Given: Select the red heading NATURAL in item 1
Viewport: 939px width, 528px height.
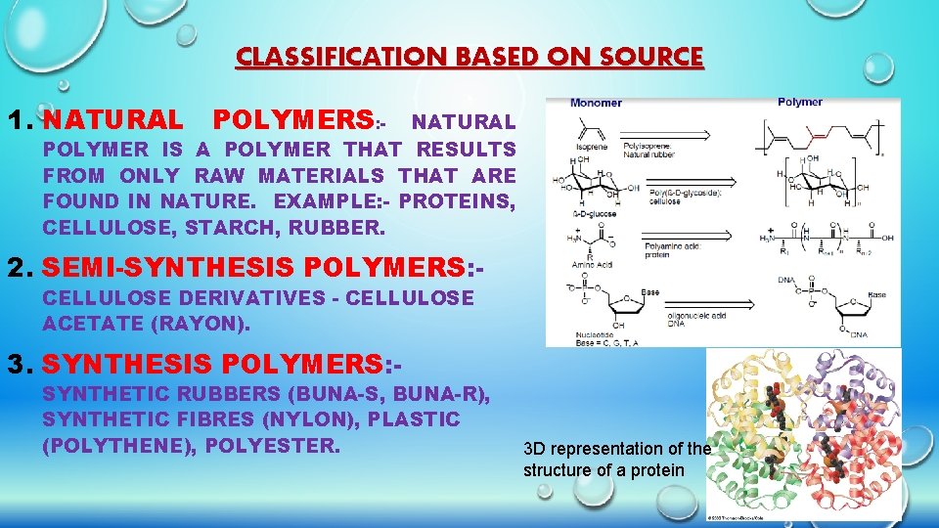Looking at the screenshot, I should [x=112, y=120].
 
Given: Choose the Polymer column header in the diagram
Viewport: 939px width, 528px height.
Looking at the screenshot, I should [x=800, y=102].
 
